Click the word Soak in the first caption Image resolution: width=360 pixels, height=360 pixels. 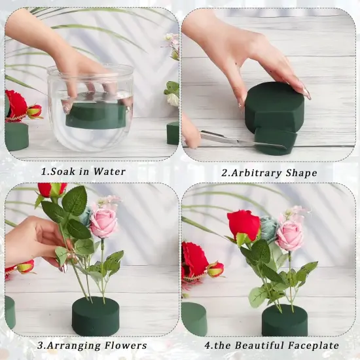pyautogui.click(x=62, y=172)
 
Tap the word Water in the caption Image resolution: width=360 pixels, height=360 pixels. pyautogui.click(x=108, y=172)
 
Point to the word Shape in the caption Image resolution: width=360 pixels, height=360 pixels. pyautogui.click(x=302, y=173)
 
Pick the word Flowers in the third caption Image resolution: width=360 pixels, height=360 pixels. pyautogui.click(x=126, y=345)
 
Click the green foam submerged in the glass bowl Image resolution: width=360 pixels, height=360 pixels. pyautogui.click(x=96, y=115)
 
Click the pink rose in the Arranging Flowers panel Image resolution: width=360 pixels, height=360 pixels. pyautogui.click(x=103, y=223)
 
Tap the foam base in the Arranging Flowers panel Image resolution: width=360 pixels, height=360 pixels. pyautogui.click(x=96, y=316)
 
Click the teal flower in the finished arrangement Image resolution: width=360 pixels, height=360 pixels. pyautogui.click(x=268, y=228)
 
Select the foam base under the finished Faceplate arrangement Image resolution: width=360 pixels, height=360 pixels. pyautogui.click(x=285, y=320)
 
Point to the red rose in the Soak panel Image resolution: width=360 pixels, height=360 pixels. pyautogui.click(x=16, y=105)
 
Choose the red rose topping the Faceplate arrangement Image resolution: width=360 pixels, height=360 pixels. pyautogui.click(x=244, y=224)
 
